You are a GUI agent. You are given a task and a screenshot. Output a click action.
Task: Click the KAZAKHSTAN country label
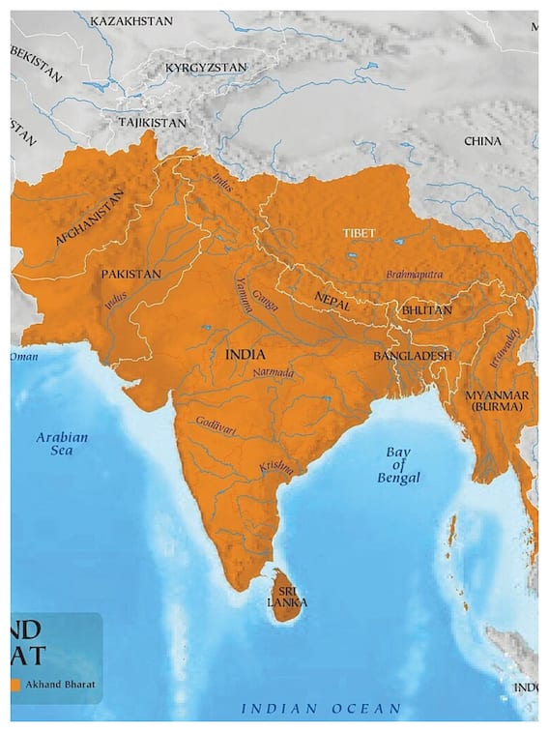[131, 20]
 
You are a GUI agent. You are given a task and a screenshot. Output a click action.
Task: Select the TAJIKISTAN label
[152, 124]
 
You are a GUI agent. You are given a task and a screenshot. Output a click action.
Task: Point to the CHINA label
[482, 141]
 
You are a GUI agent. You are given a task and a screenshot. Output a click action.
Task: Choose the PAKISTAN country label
[130, 275]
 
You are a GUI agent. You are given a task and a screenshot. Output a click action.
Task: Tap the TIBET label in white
[359, 233]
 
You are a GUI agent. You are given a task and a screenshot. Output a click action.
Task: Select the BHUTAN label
[426, 310]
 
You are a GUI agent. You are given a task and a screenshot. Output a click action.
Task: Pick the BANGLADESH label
[413, 356]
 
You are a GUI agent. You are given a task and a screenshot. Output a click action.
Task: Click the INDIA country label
[246, 355]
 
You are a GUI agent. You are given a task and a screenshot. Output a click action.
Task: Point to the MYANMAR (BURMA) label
[495, 401]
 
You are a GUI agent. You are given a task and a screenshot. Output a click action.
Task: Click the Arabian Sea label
[62, 444]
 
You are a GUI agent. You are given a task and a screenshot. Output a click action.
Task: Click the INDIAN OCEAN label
[321, 710]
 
